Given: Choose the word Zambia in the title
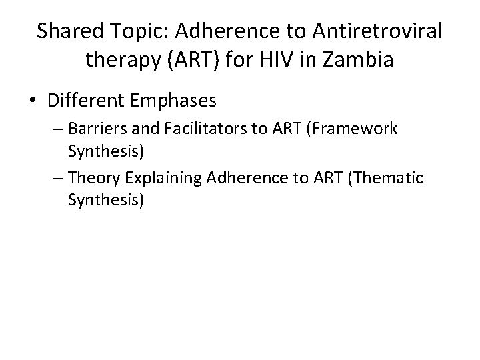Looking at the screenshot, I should (359, 60).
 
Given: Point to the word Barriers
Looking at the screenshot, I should (94, 129).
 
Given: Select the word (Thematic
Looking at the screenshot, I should (387, 177).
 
